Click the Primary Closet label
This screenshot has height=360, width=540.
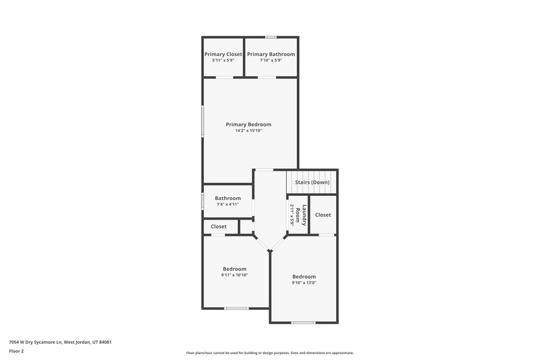[223, 54]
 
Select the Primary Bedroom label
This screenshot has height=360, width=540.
[248, 124]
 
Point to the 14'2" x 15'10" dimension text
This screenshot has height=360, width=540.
[248, 131]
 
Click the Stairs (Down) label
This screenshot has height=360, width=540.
[312, 182]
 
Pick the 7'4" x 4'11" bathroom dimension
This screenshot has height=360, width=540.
[228, 205]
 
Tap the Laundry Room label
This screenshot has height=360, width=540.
[304, 215]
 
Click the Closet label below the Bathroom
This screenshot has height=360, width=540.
[219, 227]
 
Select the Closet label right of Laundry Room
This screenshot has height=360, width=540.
[323, 215]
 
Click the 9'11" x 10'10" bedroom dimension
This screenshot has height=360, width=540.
[234, 276]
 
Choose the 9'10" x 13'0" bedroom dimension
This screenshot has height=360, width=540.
[304, 284]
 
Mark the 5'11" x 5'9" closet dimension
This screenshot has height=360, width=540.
[223, 61]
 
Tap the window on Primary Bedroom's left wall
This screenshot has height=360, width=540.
[202, 122]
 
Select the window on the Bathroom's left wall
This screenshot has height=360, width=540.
[202, 201]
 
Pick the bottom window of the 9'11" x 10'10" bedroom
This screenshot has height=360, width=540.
[236, 309]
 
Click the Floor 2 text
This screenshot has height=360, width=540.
[16, 351]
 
